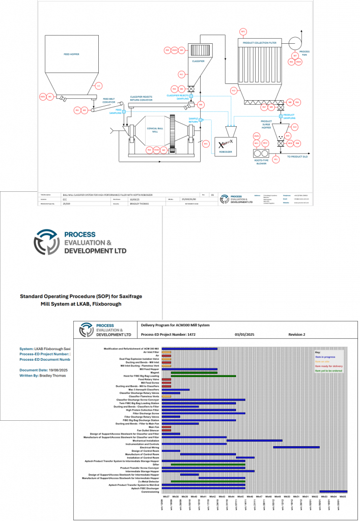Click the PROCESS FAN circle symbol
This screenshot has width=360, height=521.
tap(295, 43)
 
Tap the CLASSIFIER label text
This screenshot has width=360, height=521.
tap(198, 61)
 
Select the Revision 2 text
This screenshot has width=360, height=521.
tap(300, 334)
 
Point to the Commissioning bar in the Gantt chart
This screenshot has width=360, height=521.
tap(334, 491)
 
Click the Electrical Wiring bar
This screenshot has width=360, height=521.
tap(296, 447)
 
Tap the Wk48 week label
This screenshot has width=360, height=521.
tap(278, 496)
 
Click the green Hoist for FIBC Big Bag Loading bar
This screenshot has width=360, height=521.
tap(203, 376)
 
